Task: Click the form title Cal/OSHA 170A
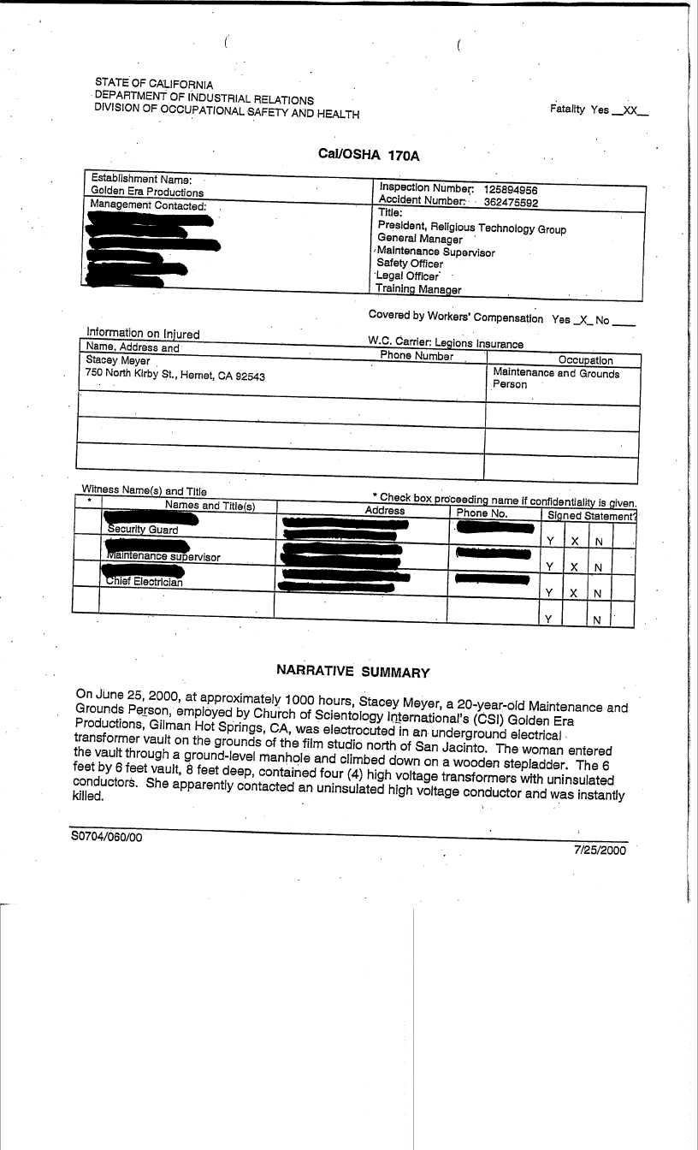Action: pyautogui.click(x=369, y=155)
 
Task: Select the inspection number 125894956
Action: pyautogui.click(x=511, y=190)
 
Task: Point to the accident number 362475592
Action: pyautogui.click(x=511, y=203)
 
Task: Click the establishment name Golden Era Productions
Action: pyautogui.click(x=147, y=193)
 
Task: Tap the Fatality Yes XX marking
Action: pyautogui.click(x=599, y=110)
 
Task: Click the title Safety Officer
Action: pyautogui.click(x=411, y=264)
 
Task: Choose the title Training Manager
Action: pyautogui.click(x=419, y=289)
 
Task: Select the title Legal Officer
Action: pyautogui.click(x=408, y=276)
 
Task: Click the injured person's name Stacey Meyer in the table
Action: pyautogui.click(x=118, y=361)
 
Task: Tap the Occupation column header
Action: pyautogui.click(x=585, y=360)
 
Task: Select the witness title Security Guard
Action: pyautogui.click(x=143, y=531)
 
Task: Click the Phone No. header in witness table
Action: pyautogui.click(x=482, y=513)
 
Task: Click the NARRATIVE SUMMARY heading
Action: pyautogui.click(x=352, y=672)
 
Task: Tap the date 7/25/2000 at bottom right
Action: pyautogui.click(x=600, y=851)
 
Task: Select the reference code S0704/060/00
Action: pyautogui.click(x=107, y=838)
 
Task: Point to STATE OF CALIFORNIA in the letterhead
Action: pyautogui.click(x=154, y=85)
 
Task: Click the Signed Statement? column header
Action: pyautogui.click(x=591, y=516)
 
